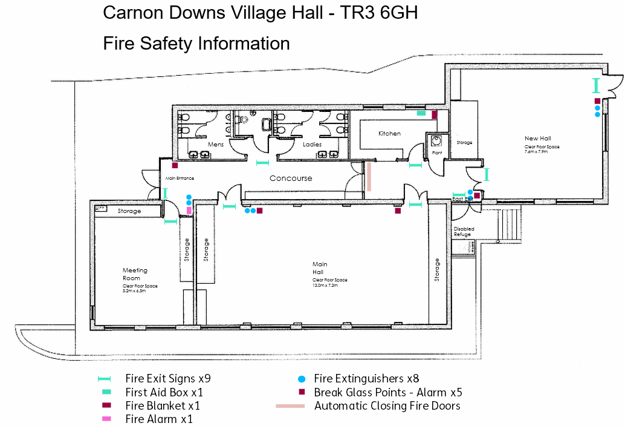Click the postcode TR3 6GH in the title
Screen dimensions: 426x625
coord(379,13)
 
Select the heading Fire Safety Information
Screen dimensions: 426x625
coord(196,44)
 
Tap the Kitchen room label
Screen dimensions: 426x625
coord(389,133)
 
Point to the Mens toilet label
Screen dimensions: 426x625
coord(216,145)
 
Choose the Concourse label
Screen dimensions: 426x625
coord(291,178)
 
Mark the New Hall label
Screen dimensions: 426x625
coord(537,139)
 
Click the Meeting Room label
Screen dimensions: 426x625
coord(135,274)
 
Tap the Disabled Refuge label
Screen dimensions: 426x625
coord(464,231)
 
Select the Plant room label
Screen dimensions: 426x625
coord(436,153)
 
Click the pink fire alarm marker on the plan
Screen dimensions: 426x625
coord(189,211)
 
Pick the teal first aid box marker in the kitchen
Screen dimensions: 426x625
coord(421,113)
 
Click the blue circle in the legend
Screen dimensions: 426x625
coord(301,379)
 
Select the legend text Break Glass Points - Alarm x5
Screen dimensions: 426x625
coord(387,393)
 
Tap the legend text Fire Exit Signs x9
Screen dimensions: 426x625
coord(168,379)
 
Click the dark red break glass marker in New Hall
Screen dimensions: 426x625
coord(597,101)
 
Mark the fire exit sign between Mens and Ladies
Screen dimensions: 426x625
coord(262,162)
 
